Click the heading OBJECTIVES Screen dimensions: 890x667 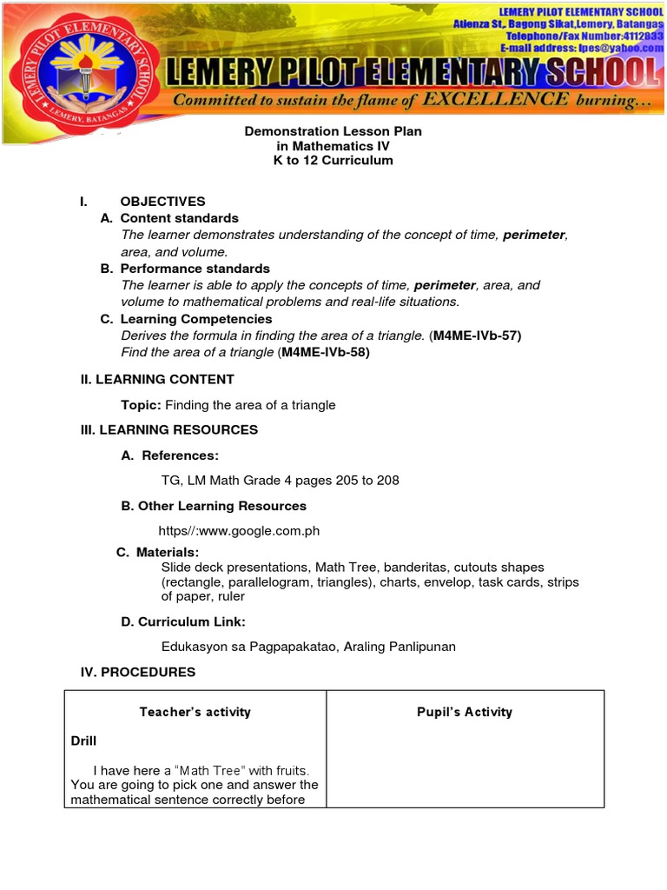click(x=162, y=202)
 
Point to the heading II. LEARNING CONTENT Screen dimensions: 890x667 click(x=157, y=380)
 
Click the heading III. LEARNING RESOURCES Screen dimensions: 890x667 click(x=169, y=430)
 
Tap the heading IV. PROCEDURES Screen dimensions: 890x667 click(x=138, y=672)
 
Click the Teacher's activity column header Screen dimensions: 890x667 click(x=195, y=712)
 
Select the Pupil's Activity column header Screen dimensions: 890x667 click(x=465, y=712)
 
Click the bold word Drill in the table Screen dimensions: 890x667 click(x=84, y=741)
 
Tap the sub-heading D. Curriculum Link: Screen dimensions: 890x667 click(x=183, y=621)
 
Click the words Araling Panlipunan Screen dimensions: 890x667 click(x=400, y=647)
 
